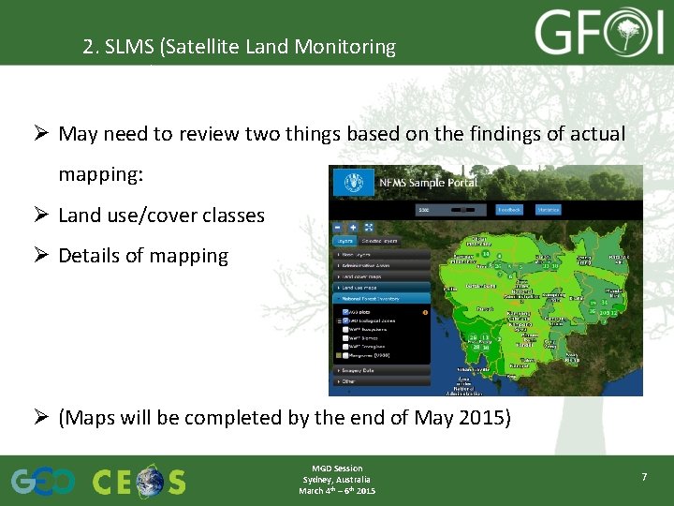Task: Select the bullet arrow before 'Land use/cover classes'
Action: click(43, 216)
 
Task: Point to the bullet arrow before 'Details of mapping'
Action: click(43, 256)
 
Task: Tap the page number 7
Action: click(644, 478)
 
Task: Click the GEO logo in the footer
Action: click(42, 482)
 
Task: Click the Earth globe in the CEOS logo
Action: click(148, 482)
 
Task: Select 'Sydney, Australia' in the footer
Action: click(337, 479)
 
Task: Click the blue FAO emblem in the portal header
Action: click(353, 182)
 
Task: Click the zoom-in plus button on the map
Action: click(353, 227)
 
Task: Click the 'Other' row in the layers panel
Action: click(351, 381)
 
